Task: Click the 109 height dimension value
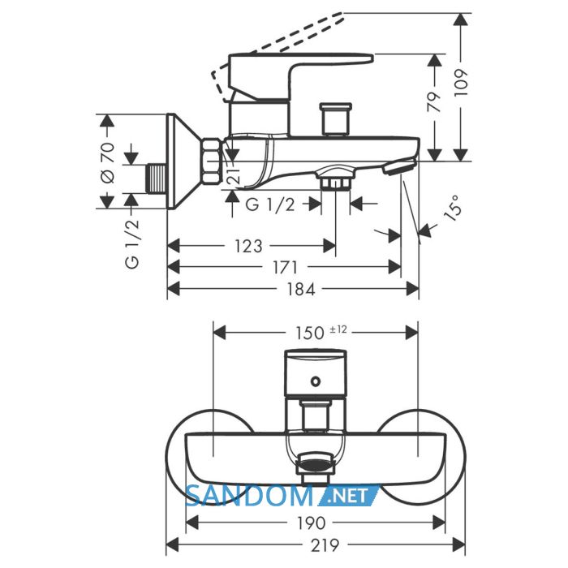point(462,82)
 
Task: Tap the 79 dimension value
point(434,101)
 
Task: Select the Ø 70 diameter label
point(107,162)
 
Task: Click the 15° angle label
point(453,208)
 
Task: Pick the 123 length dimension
point(248,247)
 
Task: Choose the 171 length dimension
point(285,267)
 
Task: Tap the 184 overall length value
point(301,289)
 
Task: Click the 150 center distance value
point(310,333)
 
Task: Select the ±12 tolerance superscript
point(338,329)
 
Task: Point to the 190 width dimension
point(312,523)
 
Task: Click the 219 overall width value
point(325,544)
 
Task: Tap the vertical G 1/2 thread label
point(132,243)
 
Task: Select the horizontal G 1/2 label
point(270,205)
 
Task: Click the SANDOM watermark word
point(249,496)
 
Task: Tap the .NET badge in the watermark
point(349,496)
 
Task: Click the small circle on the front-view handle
point(316,381)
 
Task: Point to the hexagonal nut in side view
point(213,161)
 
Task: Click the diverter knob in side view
point(336,119)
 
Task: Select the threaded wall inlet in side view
point(157,179)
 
